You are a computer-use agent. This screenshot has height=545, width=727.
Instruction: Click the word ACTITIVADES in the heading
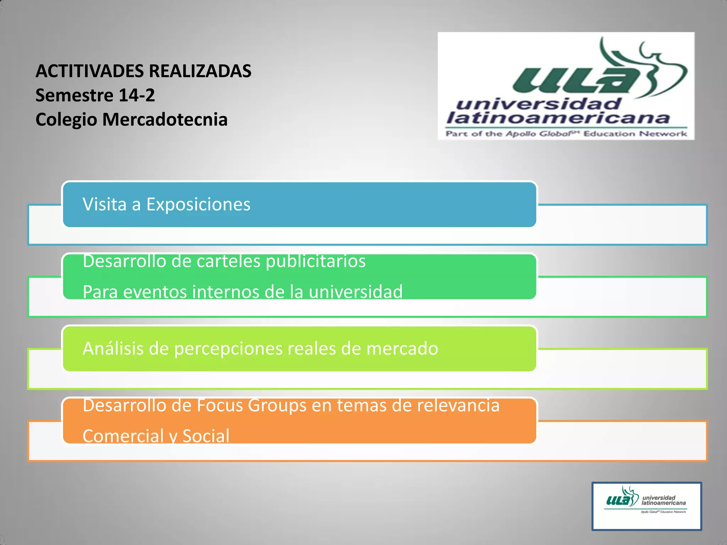tap(90, 71)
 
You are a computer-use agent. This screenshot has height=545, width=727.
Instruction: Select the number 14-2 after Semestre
tap(137, 95)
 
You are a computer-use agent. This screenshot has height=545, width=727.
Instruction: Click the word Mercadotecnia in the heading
tap(165, 119)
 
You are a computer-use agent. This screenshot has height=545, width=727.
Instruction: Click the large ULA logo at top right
tap(566, 86)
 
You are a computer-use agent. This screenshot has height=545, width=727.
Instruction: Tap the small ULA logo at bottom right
tap(646, 506)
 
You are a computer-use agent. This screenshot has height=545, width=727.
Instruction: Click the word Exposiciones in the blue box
tap(198, 204)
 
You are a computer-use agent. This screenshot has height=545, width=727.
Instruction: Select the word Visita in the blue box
tap(105, 204)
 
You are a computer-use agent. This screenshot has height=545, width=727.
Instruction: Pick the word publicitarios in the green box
tap(316, 262)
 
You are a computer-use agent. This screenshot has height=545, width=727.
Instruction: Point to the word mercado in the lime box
tap(402, 348)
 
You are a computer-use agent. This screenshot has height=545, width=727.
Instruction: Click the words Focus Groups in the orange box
tap(251, 406)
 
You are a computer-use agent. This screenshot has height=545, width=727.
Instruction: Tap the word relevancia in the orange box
tap(458, 406)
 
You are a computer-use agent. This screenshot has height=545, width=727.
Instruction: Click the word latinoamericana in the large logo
tap(557, 118)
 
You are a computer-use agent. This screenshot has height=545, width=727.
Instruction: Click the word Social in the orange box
tap(206, 436)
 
